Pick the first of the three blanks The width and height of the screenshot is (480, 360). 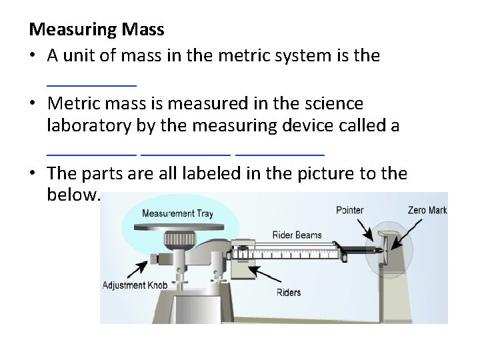coord(92,153)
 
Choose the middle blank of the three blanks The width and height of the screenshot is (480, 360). coord(186,153)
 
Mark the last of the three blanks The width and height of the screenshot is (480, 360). coord(280,153)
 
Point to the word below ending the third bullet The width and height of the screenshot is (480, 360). coord(73,195)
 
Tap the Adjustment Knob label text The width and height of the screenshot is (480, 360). coord(133,286)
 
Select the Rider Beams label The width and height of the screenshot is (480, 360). coord(297,235)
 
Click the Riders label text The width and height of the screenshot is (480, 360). coord(288,292)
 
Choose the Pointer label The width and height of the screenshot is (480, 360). coord(350,210)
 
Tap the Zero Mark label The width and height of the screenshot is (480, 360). coord(427,210)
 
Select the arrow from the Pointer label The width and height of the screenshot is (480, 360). coord(369,232)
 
